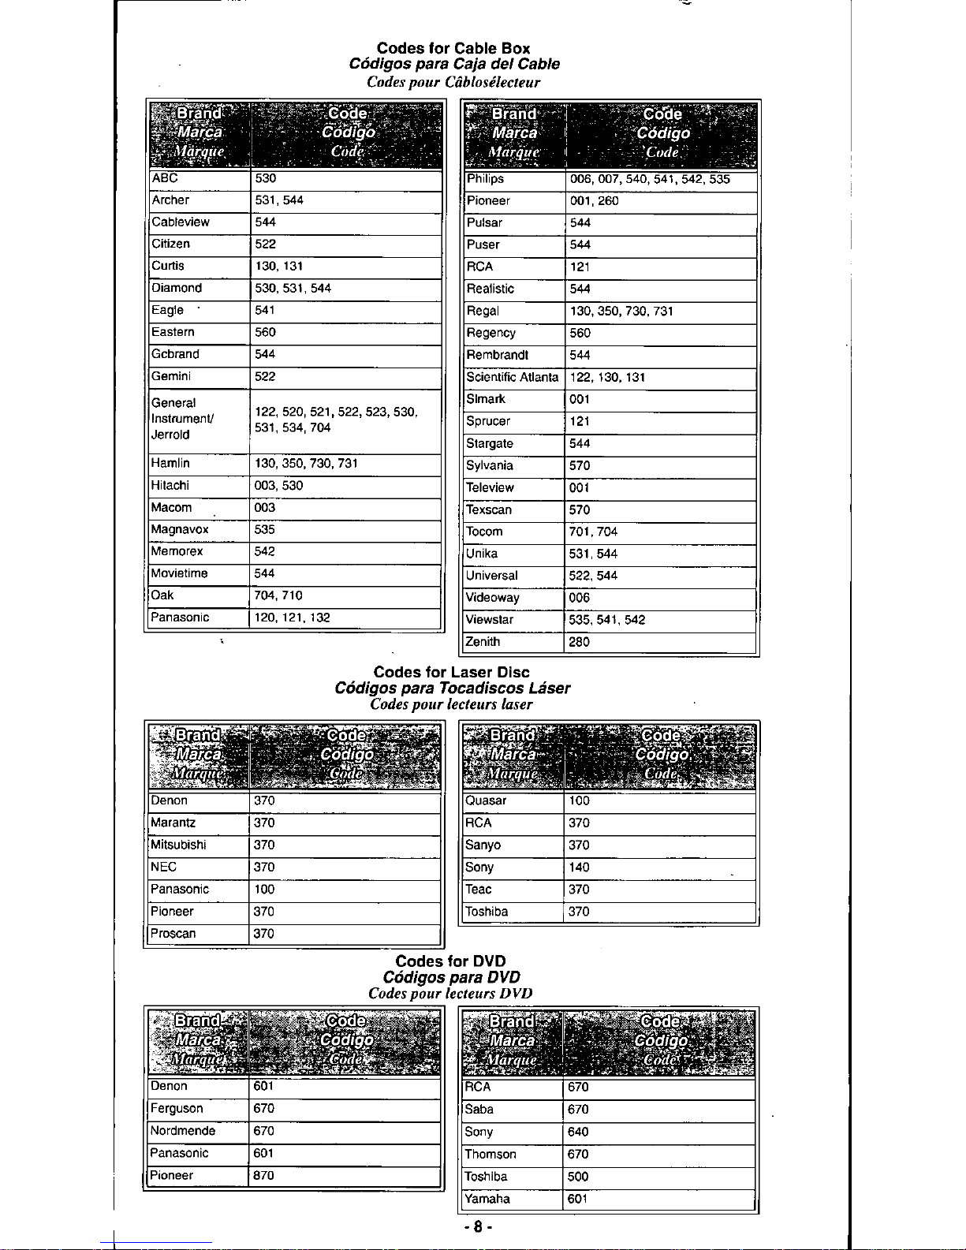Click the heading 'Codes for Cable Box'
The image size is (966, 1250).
453,48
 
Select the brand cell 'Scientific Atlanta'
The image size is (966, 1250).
513,377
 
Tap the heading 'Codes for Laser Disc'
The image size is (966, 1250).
451,672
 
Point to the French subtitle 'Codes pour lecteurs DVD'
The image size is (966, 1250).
450,993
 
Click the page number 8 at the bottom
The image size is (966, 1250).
478,1227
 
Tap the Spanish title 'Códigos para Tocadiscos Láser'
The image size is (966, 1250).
452,688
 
